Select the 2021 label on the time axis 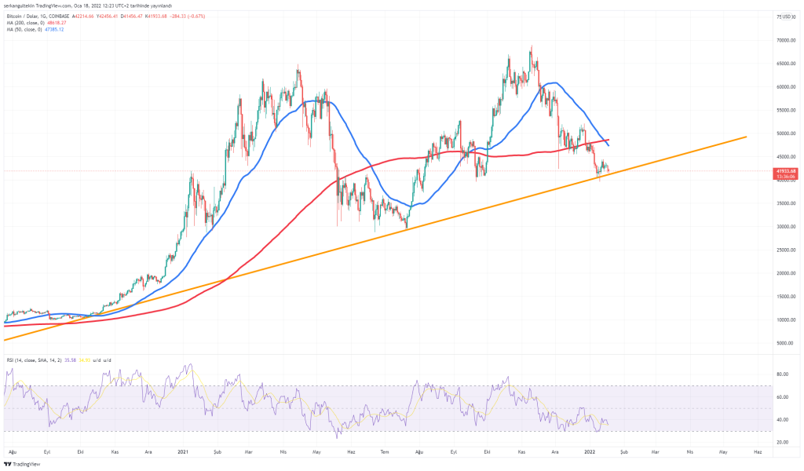point(183,452)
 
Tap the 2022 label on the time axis point(590,452)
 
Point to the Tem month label point(385,452)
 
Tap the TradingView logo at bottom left point(21,464)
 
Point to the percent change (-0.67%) point(188,16)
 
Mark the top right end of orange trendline point(745,137)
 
